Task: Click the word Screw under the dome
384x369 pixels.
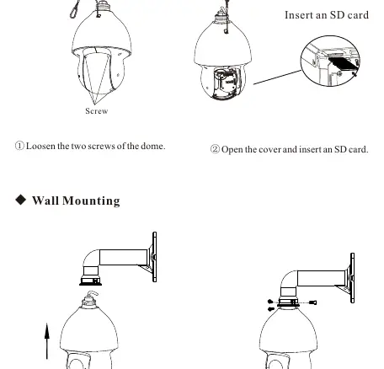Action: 97,111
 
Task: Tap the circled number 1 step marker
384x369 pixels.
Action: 19,146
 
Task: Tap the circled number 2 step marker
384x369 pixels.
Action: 215,149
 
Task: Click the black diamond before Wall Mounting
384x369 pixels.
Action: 21,200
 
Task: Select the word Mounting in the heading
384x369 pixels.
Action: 91,201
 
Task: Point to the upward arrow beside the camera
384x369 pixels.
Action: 47,341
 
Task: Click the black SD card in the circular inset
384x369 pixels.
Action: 343,64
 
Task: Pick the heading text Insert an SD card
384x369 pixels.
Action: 327,15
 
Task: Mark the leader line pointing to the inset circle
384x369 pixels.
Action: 277,78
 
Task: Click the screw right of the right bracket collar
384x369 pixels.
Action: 312,302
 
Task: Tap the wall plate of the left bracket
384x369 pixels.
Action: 154,257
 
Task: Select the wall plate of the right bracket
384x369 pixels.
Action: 352,278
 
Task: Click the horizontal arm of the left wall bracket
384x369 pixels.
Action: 124,257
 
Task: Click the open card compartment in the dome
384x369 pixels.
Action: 227,83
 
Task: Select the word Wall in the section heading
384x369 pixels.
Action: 45,201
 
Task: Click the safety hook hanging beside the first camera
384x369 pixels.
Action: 74,10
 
